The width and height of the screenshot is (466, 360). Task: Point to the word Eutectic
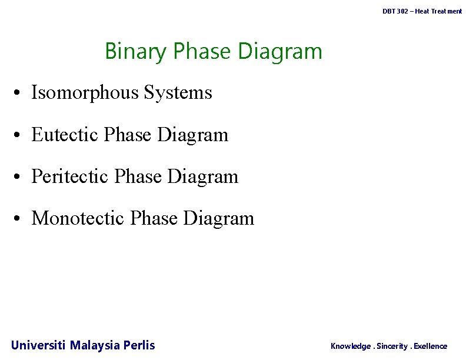point(65,135)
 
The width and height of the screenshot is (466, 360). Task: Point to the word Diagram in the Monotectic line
point(218,218)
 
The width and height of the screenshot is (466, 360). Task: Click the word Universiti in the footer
point(38,345)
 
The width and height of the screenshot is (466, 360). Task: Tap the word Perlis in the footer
point(139,345)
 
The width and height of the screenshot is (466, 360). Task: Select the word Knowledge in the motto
point(351,346)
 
